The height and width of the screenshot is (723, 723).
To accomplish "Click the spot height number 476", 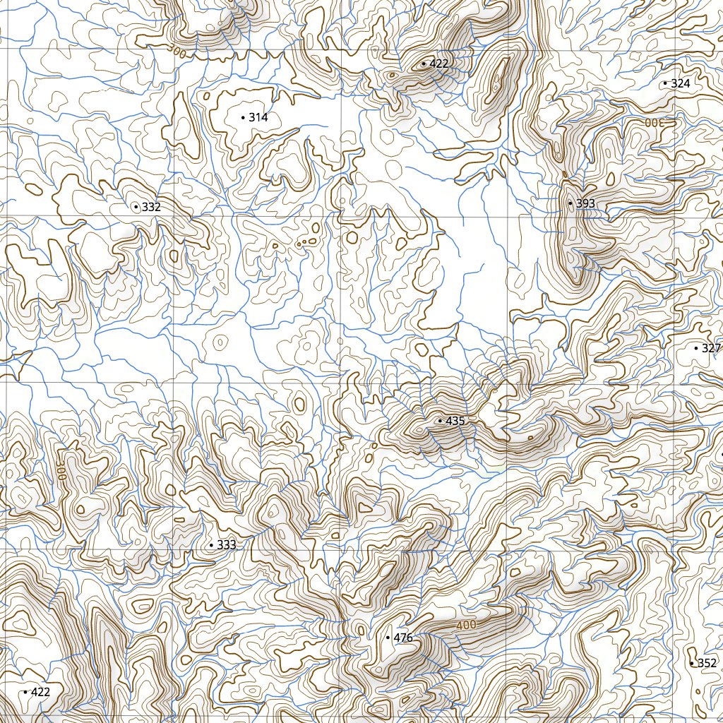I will pyautogui.click(x=403, y=638).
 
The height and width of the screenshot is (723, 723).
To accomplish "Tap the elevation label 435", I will pyautogui.click(x=456, y=421).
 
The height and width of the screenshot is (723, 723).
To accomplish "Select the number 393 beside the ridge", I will pyautogui.click(x=586, y=203).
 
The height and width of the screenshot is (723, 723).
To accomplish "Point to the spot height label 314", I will pyautogui.click(x=258, y=117).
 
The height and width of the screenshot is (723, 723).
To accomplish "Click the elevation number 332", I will pyautogui.click(x=151, y=207).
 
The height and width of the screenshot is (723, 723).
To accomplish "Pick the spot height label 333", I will pyautogui.click(x=227, y=545).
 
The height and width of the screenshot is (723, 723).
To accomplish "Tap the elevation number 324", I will pyautogui.click(x=681, y=83).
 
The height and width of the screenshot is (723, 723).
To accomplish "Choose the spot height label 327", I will pyautogui.click(x=711, y=348).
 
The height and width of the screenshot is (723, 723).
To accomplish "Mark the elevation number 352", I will pyautogui.click(x=707, y=663).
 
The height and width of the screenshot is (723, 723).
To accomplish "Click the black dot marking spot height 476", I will pyautogui.click(x=388, y=638).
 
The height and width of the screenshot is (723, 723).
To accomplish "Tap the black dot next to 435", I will pyautogui.click(x=440, y=421).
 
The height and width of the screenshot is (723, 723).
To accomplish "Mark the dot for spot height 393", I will pyautogui.click(x=570, y=203).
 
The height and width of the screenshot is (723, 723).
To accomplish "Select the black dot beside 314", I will pyautogui.click(x=243, y=117).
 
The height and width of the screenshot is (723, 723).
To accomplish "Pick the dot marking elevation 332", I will pyautogui.click(x=136, y=207).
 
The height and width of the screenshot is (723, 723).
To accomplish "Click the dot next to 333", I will pyautogui.click(x=210, y=545).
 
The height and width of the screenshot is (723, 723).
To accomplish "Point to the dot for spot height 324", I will pyautogui.click(x=665, y=83).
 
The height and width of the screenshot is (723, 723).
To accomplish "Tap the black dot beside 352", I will pyautogui.click(x=691, y=663).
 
